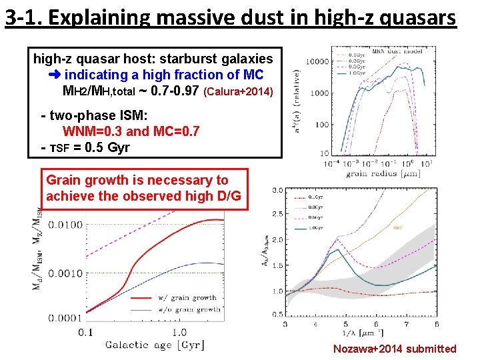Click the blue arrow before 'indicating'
pos(55,75)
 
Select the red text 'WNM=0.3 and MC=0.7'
pos(130,131)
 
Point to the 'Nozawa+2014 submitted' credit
pos(395,349)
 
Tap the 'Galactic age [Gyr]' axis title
pos(155,345)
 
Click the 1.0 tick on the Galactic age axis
pos(179,331)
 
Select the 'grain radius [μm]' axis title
pos(381,174)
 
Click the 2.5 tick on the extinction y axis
pos(277,215)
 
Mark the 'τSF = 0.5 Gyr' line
pos(89,147)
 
